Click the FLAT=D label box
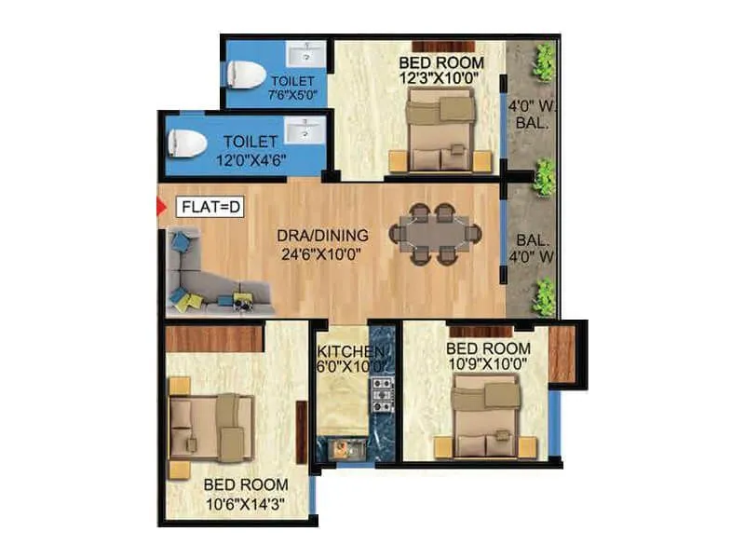point(209,207)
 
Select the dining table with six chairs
point(435,234)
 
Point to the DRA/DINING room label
point(321,235)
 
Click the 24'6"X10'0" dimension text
point(321,252)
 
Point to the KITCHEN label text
point(351,351)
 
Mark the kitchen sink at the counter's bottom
point(342,449)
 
